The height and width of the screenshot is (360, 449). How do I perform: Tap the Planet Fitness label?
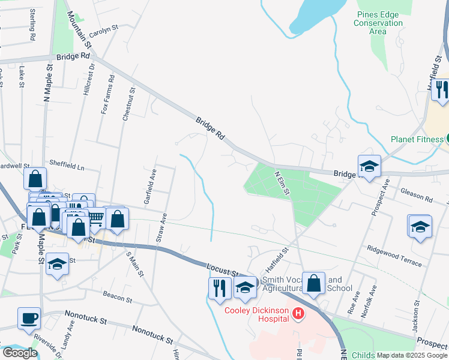415,139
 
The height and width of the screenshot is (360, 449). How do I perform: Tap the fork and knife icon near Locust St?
220,287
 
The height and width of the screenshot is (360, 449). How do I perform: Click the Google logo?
20,353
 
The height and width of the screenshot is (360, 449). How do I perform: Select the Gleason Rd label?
417,194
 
